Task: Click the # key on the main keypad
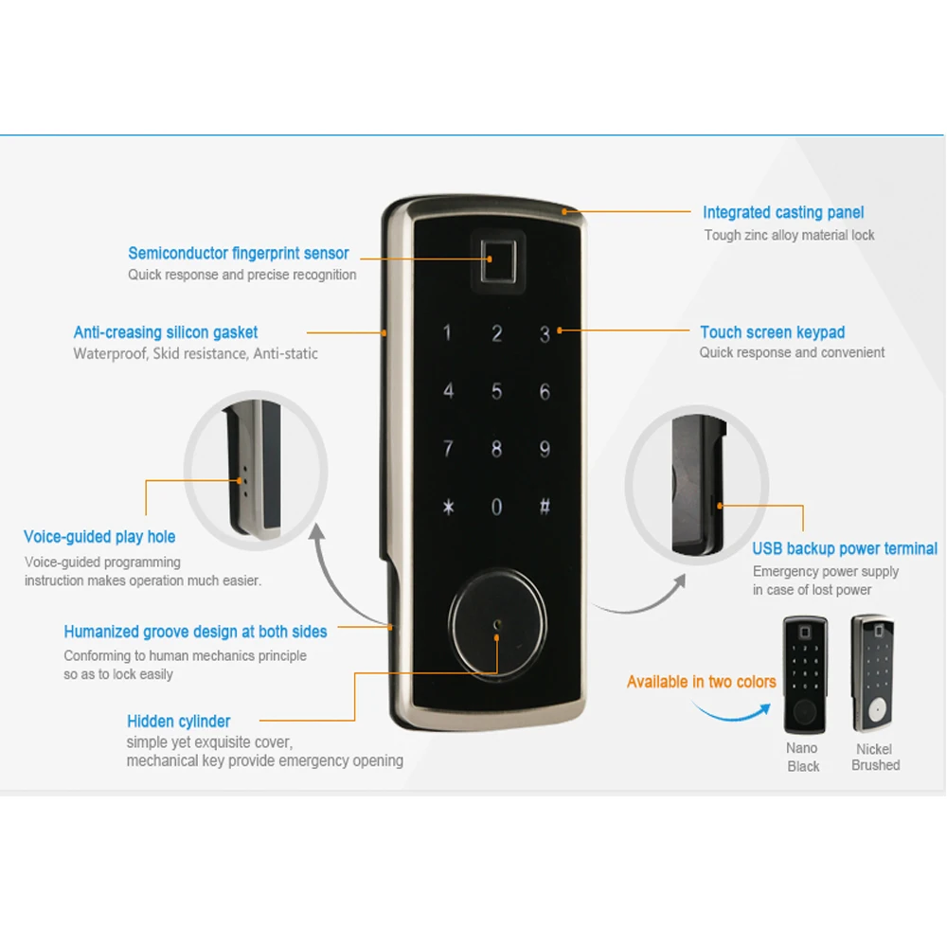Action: pos(545,507)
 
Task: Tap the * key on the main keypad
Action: pos(448,507)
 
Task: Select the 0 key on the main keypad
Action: pos(496,507)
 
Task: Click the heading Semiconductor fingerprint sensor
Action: pos(239,253)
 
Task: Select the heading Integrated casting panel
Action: pos(783,213)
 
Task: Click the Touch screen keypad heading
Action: pos(772,332)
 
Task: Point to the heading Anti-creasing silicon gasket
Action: pos(166,332)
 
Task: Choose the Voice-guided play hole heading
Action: pos(99,537)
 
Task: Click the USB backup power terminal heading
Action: pos(845,548)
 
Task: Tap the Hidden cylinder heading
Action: pos(178,722)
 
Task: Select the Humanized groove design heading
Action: pos(195,632)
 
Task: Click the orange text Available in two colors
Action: pos(701,682)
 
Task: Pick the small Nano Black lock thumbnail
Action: pos(804,674)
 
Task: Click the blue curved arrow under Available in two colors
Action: pos(729,712)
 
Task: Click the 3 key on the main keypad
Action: pos(545,334)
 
